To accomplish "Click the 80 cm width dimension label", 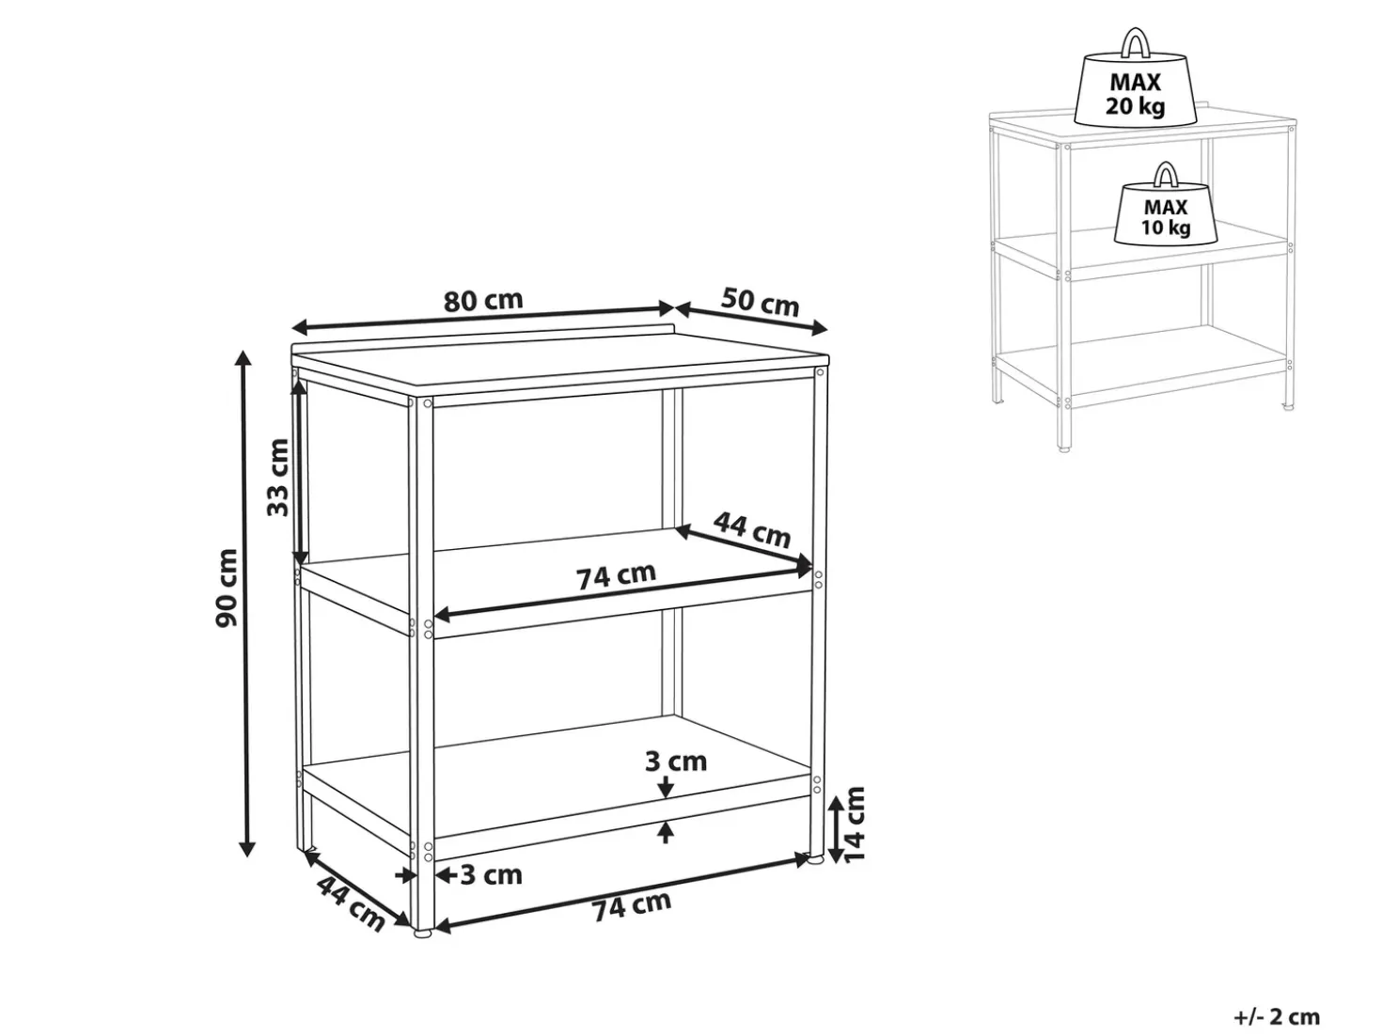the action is (483, 301).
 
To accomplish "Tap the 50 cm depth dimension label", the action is (760, 302).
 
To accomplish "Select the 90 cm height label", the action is (227, 588).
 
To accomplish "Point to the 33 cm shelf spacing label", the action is (277, 477).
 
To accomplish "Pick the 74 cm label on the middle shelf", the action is (617, 575).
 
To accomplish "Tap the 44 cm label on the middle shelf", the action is (752, 530).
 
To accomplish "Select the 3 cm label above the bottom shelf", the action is (676, 761).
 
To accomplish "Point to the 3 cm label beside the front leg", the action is (491, 875).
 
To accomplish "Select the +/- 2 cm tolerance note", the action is (1276, 1016).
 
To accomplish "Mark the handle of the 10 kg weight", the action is (1166, 174).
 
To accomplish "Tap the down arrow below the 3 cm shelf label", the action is (667, 788).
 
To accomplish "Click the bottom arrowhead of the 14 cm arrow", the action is (835, 855).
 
